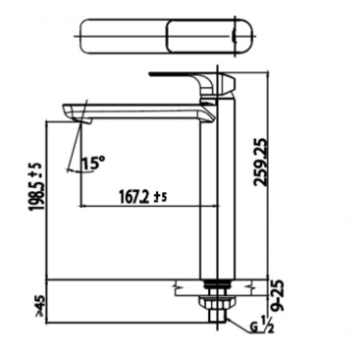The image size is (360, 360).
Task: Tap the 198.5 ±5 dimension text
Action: [37, 187]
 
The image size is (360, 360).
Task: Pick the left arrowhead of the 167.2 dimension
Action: [82, 206]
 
